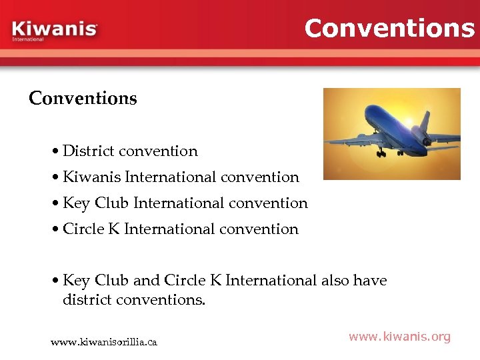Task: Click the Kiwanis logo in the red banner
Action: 55,29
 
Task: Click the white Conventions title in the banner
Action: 389,28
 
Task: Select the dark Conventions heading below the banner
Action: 83,99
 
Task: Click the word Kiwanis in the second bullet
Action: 91,177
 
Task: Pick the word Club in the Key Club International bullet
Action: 112,203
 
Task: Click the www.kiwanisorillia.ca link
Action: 104,342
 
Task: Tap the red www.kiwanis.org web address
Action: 399,337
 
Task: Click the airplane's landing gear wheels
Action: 381,153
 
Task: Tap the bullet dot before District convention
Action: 55,152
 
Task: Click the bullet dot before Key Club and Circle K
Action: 55,281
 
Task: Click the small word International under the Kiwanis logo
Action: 27,39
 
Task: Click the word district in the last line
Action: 87,300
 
